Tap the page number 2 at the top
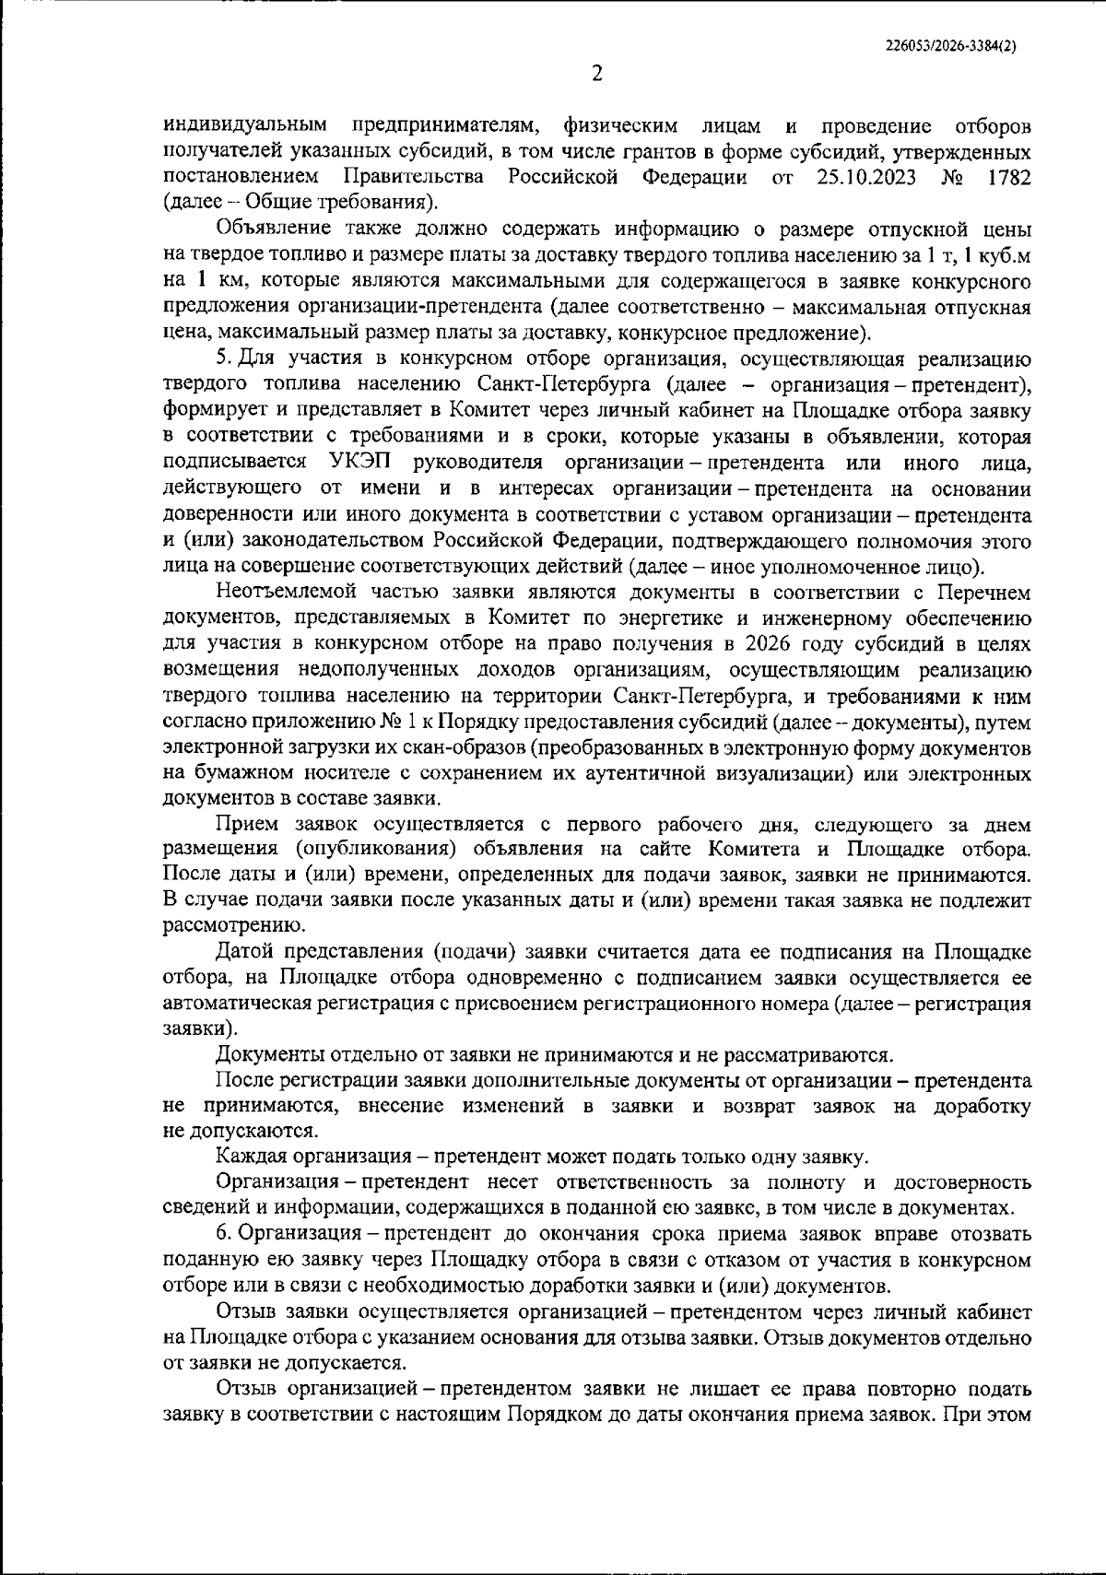point(596,75)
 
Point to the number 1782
point(1008,176)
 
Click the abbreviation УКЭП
point(361,462)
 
